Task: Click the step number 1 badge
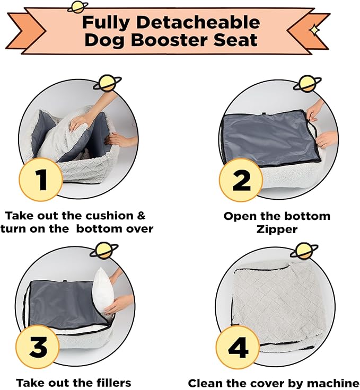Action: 41,180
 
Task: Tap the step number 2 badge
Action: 241,181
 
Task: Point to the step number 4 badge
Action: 238,348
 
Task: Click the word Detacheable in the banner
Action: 198,22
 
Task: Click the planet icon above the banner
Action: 77,7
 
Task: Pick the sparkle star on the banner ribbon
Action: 314,30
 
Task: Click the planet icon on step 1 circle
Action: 108,83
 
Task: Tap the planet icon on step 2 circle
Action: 308,83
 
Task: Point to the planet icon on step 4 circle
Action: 304,251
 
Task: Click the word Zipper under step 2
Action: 277,229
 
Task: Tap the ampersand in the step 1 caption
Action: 141,215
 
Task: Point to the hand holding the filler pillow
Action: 117,305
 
